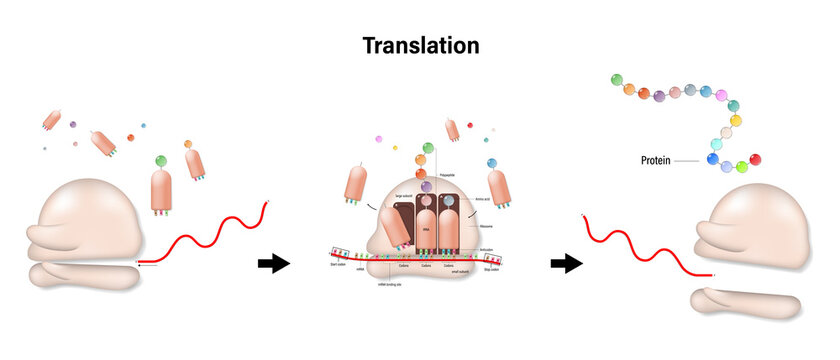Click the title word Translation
point(420,45)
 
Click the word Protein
point(661,160)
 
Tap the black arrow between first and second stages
point(273,264)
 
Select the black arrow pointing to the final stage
point(566,264)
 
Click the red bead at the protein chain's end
point(756,159)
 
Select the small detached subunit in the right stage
point(745,300)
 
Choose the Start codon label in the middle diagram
point(337,267)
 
